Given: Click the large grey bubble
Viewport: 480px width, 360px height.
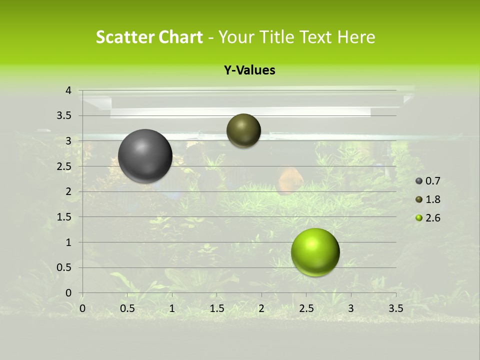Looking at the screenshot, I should tap(145, 156).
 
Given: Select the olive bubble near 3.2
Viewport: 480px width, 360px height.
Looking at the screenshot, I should tap(243, 130).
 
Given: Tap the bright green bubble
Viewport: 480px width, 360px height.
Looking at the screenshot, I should tap(315, 252).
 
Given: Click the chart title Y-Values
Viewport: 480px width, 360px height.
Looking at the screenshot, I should tap(249, 70).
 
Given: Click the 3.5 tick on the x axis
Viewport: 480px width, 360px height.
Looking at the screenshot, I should tap(395, 308).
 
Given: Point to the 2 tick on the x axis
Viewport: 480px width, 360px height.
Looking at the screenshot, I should tap(261, 308).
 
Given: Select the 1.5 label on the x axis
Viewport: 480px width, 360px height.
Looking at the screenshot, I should tap(217, 308).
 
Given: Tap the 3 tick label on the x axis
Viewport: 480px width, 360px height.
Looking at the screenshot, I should tap(351, 308).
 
